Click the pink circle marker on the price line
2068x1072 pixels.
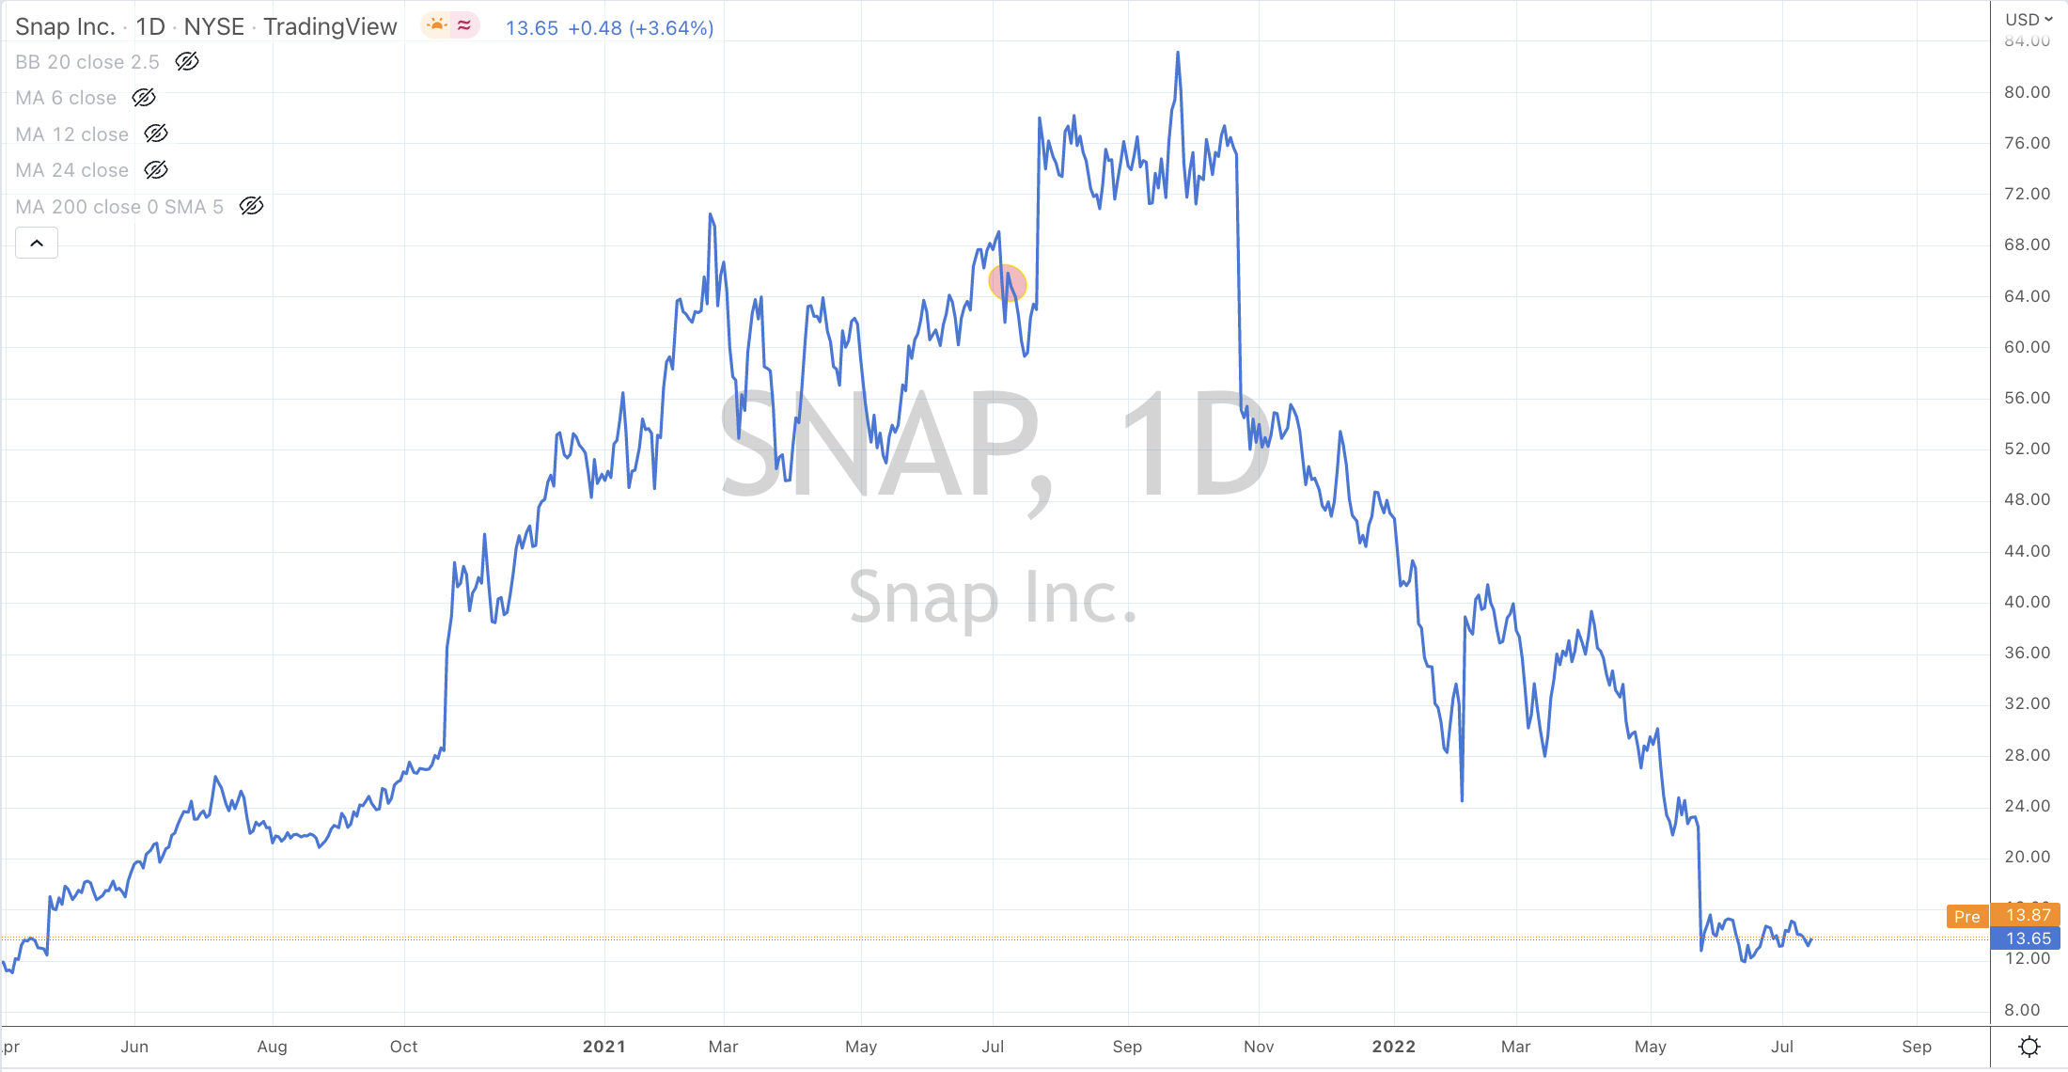click(1008, 283)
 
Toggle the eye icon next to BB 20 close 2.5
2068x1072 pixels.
click(187, 62)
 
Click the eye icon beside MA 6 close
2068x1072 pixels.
click(144, 98)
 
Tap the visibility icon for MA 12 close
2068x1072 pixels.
click(156, 134)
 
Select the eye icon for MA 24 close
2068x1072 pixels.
click(156, 170)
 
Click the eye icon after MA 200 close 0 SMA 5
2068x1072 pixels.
click(251, 206)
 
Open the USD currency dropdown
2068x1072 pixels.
click(2029, 20)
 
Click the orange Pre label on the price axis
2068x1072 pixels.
click(1966, 917)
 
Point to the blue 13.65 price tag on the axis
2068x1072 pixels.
click(2028, 938)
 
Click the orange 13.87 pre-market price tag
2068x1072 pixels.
click(2028, 915)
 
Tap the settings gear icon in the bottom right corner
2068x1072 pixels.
click(2029, 1047)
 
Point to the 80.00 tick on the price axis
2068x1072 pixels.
click(2027, 92)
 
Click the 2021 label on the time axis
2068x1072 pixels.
click(603, 1047)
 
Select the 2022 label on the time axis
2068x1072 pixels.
click(1393, 1047)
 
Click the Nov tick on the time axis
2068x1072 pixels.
click(1259, 1047)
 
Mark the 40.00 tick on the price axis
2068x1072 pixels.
click(2027, 602)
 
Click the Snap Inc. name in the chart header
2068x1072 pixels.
click(65, 27)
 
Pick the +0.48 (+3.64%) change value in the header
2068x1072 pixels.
click(640, 28)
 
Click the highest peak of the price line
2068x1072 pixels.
click(1178, 54)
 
